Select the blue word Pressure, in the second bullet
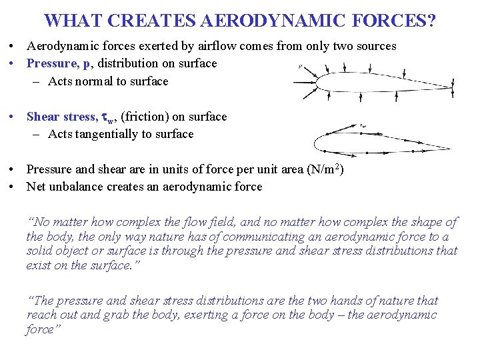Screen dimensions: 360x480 52,63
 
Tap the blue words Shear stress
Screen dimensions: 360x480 61,117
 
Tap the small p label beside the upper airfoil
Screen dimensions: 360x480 301,66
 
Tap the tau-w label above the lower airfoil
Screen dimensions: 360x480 363,125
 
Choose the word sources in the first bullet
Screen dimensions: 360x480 375,46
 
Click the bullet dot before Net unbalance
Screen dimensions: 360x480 13,187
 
